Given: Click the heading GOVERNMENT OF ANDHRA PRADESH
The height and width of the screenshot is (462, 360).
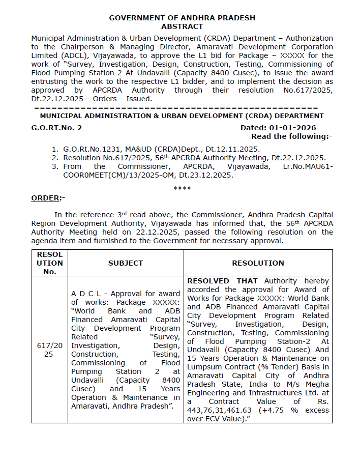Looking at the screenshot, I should [182, 18].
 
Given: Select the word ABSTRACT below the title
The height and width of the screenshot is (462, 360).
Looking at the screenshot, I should [182, 26].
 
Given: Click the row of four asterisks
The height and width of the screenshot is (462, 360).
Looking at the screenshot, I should [182, 188].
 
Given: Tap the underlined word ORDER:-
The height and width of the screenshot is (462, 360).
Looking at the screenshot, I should [48, 198].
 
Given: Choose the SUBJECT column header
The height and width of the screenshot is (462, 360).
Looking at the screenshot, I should [126, 263].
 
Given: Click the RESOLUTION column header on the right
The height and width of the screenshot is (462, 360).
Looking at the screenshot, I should [258, 263].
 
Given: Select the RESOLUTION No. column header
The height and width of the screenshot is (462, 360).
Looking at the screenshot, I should [50, 263].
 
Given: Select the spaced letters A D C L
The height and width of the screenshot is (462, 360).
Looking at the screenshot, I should [88, 294].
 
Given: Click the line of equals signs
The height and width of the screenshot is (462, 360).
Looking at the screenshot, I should [175, 108].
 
